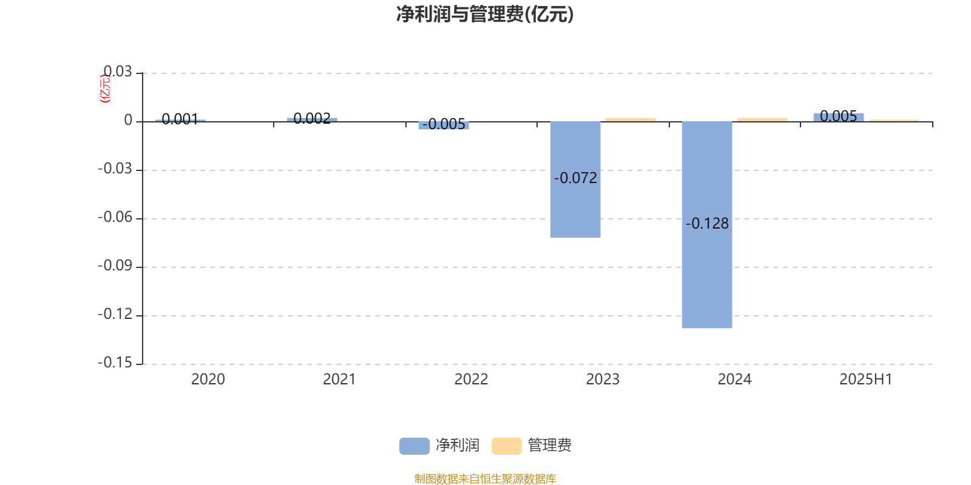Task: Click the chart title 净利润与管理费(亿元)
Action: (485, 15)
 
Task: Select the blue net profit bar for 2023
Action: (575, 179)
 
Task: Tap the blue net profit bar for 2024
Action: (707, 225)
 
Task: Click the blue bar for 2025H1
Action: (838, 118)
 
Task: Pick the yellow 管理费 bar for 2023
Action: (631, 120)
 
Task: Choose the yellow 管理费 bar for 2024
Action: (762, 120)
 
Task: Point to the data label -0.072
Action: (576, 178)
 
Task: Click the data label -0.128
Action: (707, 224)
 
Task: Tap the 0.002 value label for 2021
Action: (312, 118)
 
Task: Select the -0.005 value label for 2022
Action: (444, 124)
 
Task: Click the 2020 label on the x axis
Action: (208, 380)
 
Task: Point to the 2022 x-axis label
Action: (471, 380)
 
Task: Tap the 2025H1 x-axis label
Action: (866, 380)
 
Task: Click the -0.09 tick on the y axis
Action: (115, 266)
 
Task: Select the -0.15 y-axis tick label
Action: (115, 363)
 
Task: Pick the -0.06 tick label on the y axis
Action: (115, 218)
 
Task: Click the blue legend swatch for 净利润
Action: (414, 446)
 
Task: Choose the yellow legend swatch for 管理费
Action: (507, 446)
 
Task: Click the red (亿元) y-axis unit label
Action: (106, 89)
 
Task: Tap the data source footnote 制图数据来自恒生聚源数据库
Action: (485, 478)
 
